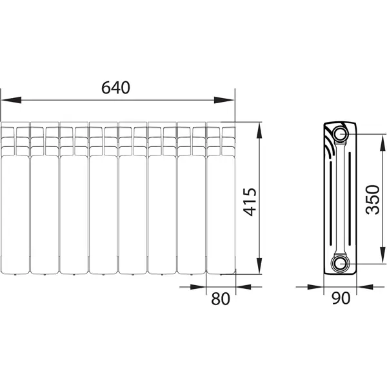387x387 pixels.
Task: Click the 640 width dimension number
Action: [x=115, y=87]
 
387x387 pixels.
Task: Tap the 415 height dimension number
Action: [x=250, y=202]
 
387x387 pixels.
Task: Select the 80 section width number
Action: [x=221, y=299]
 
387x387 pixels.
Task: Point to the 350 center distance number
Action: [x=372, y=199]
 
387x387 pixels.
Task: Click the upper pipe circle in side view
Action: [x=341, y=134]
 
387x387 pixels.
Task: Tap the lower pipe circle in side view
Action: [x=341, y=264]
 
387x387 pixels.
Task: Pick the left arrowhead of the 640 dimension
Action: [x=12, y=100]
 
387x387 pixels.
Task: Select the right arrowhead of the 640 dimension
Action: [x=224, y=100]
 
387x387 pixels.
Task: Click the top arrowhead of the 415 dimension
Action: [x=259, y=132]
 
